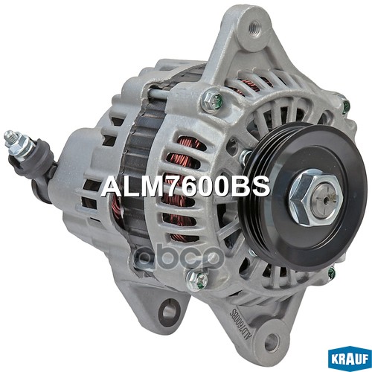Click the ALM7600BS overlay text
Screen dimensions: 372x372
point(185,186)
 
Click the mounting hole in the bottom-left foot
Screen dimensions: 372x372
point(170,307)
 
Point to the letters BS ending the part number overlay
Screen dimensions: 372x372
point(253,186)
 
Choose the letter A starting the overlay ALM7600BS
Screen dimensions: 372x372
point(109,186)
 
